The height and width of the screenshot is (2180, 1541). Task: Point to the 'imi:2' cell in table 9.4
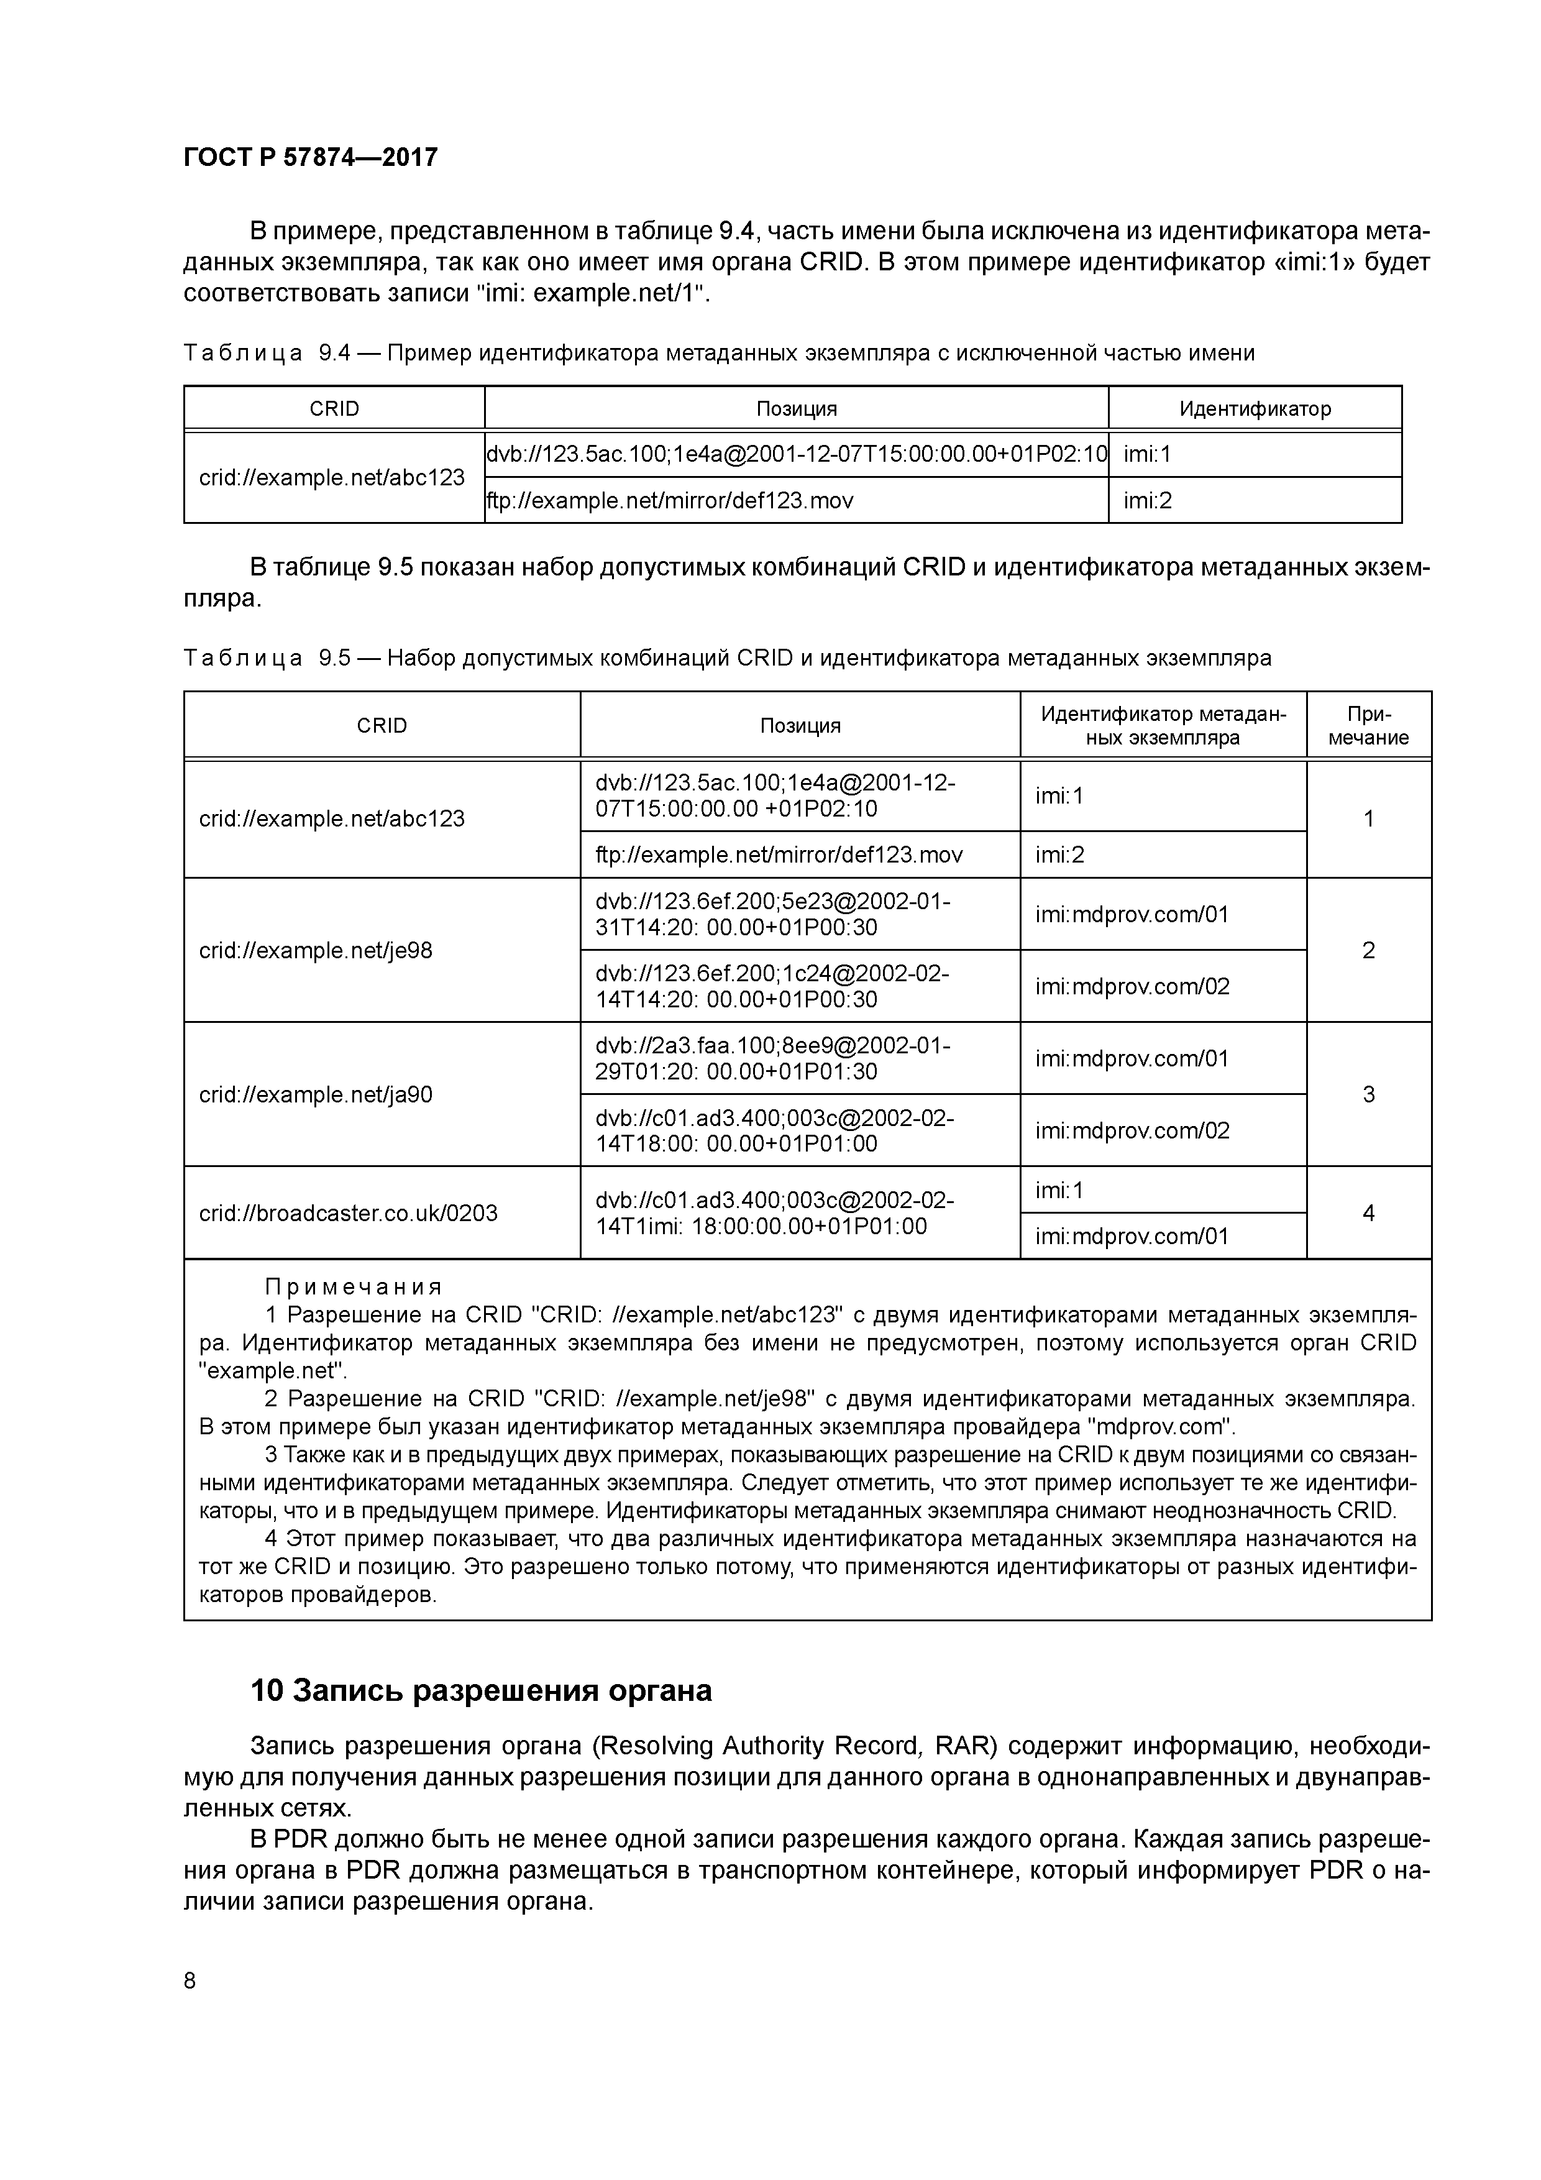pyautogui.click(x=1148, y=500)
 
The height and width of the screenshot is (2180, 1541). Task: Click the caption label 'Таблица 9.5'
pyautogui.click(x=268, y=658)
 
